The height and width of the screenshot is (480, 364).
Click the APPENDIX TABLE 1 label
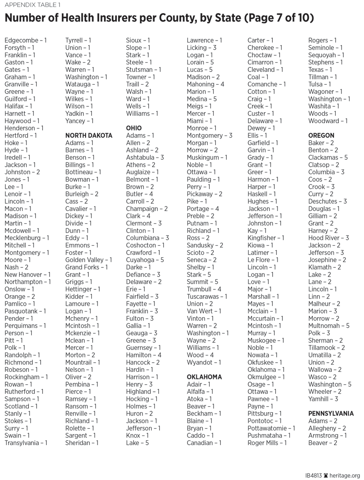point(33,5)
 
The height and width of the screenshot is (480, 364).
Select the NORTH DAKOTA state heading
point(89,135)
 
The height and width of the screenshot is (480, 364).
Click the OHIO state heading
point(134,128)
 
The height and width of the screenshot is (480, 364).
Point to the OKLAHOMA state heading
point(204,377)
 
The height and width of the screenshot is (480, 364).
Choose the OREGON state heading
point(321,135)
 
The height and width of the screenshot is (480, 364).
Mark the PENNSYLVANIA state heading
point(331,414)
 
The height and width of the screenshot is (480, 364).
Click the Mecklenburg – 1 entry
point(27,238)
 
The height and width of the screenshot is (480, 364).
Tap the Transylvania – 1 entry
point(26,443)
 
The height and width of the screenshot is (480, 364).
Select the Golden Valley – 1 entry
point(89,260)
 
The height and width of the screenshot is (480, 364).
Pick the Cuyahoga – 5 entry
point(145,260)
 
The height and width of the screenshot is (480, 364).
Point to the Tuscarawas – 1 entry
point(207,296)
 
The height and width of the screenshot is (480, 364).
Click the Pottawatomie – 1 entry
point(271,428)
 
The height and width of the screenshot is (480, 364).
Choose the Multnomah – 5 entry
point(329,326)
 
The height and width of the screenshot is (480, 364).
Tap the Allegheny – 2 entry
point(327,428)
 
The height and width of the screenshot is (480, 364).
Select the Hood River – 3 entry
point(329,238)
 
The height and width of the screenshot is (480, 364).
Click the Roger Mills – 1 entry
point(267,443)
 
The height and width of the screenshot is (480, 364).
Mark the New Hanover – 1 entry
point(27,274)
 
